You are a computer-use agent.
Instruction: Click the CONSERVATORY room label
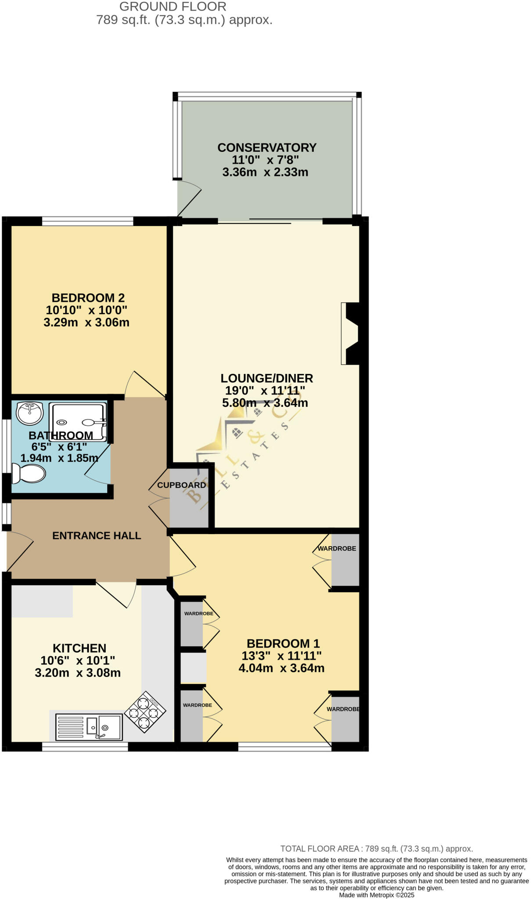click(x=267, y=147)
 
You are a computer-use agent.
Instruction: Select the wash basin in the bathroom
click(x=29, y=413)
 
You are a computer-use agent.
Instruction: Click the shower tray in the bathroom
click(x=78, y=422)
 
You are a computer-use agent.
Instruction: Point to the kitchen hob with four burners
click(x=145, y=712)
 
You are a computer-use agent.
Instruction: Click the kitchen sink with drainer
click(x=89, y=727)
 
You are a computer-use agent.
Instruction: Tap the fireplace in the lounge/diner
click(x=351, y=334)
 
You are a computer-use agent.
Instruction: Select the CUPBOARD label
click(x=181, y=485)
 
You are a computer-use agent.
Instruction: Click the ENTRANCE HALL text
click(x=97, y=536)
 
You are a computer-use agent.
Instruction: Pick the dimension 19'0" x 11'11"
click(x=265, y=390)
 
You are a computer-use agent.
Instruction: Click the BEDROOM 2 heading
click(x=88, y=298)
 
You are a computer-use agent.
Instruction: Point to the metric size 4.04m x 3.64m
click(x=281, y=668)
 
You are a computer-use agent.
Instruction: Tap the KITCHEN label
click(x=79, y=648)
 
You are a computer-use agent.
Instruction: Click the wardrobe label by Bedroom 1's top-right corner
click(x=337, y=549)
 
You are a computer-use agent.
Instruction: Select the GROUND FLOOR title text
click(x=173, y=7)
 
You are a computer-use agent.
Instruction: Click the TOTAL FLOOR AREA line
click(x=377, y=849)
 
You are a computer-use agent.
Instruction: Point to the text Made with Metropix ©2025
click(x=377, y=895)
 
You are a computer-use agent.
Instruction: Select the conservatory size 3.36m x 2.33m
click(x=265, y=172)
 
